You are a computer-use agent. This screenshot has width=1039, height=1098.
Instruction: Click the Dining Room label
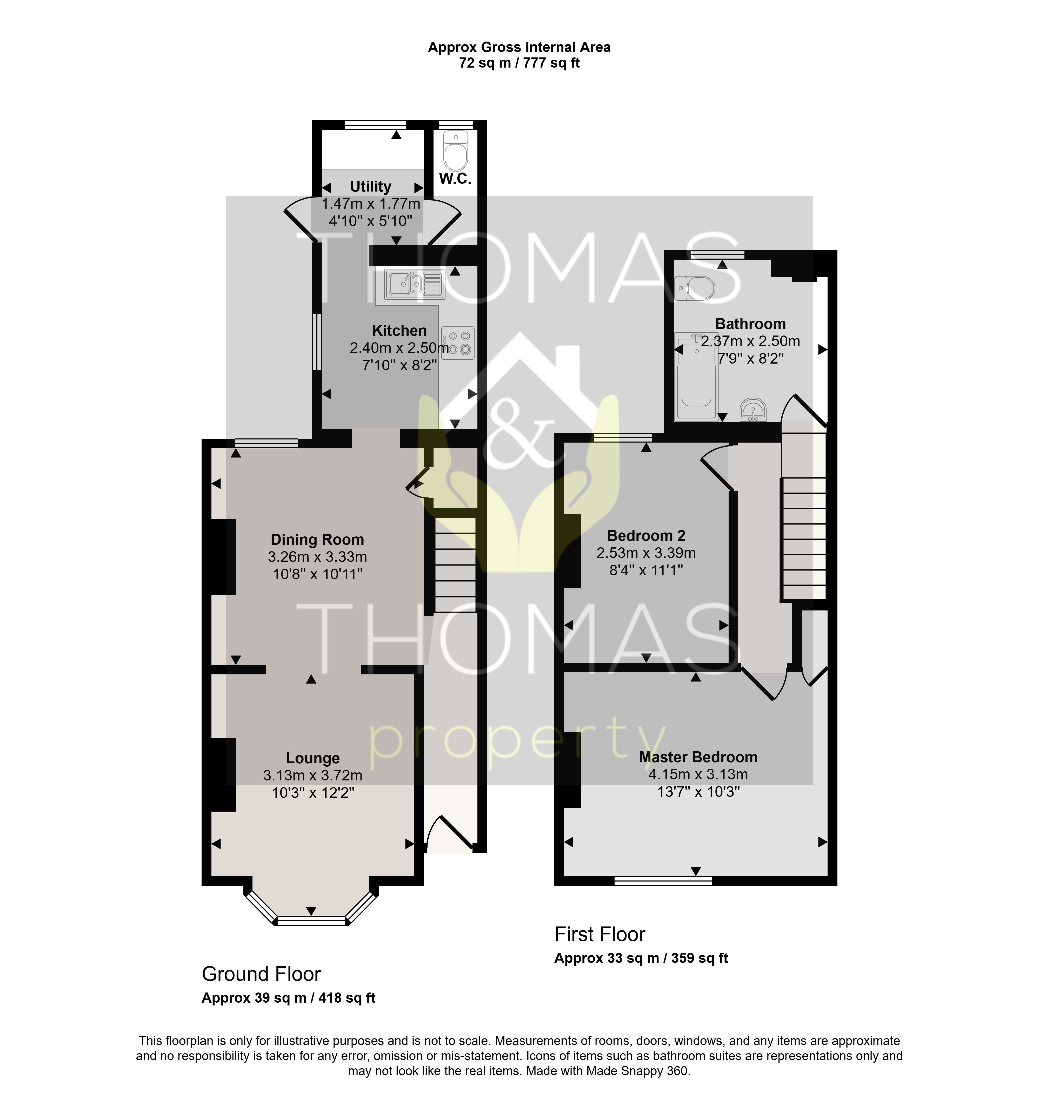[x=317, y=540]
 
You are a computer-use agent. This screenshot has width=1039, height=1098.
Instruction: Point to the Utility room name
[x=370, y=187]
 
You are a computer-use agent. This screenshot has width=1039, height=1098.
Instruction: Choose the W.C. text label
[x=455, y=178]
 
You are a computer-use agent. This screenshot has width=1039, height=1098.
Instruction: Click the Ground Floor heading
[x=261, y=974]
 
